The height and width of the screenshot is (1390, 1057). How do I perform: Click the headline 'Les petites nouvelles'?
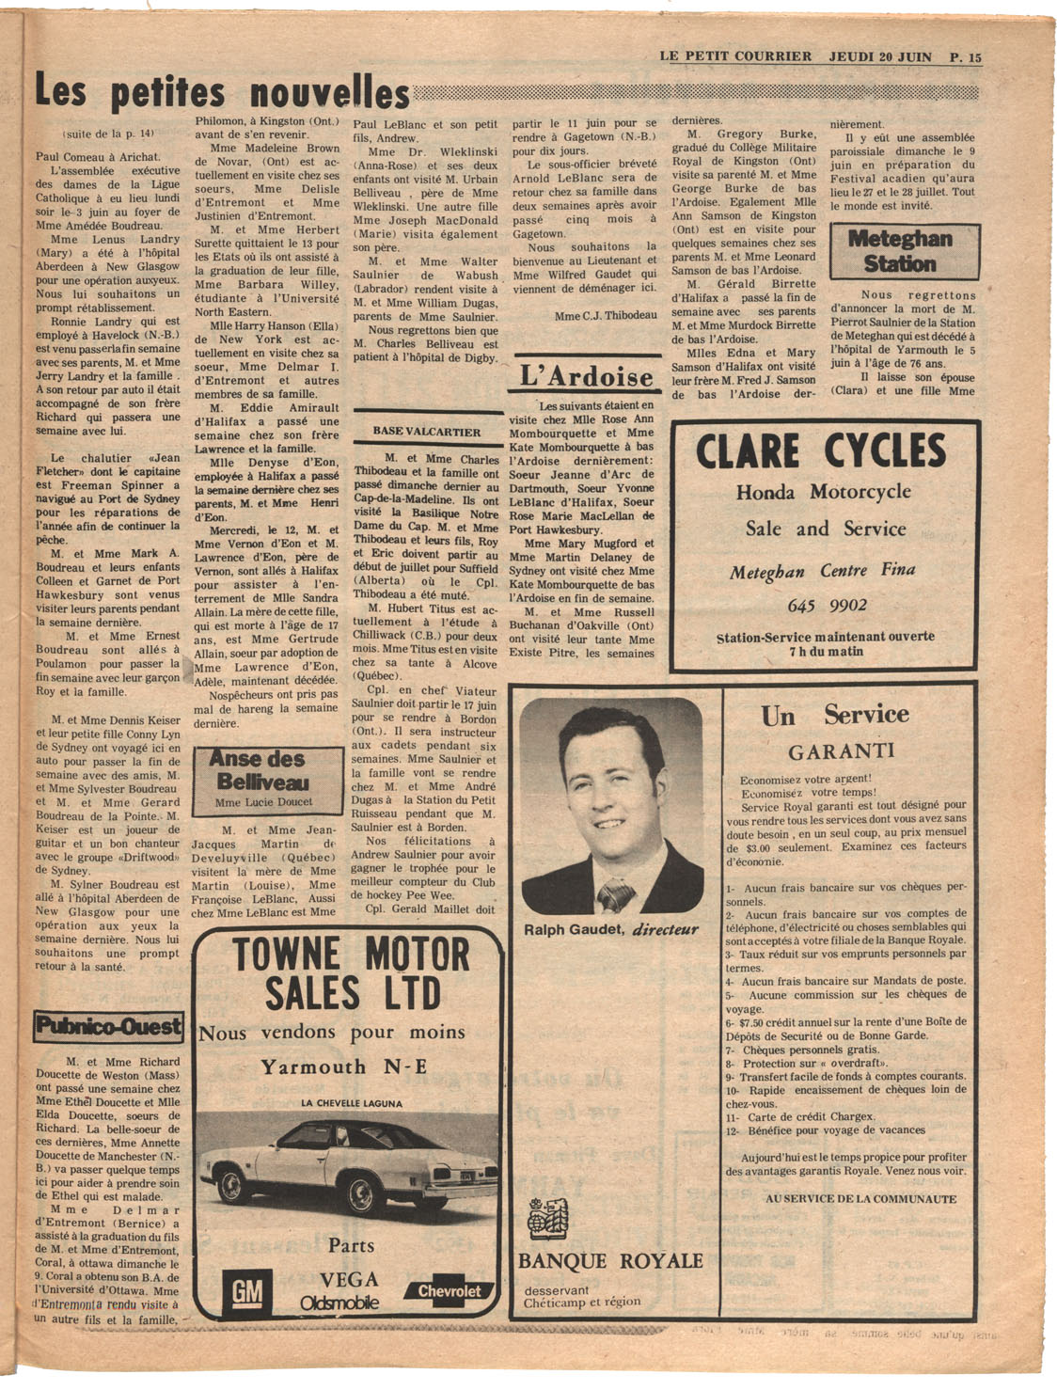tap(222, 94)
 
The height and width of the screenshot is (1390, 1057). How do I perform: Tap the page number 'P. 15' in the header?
tap(965, 57)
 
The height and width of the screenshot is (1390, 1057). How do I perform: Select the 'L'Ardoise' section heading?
tap(587, 377)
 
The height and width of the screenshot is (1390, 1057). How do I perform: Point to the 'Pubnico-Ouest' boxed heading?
tap(109, 1026)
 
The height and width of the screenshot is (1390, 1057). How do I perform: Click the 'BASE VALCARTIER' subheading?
tap(426, 432)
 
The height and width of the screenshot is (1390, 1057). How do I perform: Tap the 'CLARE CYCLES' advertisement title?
tap(821, 452)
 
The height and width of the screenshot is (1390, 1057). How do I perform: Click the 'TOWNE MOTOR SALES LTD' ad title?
tap(350, 974)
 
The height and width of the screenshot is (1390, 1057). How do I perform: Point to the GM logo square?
tap(247, 1291)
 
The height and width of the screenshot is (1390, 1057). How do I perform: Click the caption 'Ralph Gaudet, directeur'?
tap(610, 930)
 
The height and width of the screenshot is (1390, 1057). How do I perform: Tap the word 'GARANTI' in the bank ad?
tap(841, 751)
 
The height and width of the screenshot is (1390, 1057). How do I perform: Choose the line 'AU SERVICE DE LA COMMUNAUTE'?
tap(860, 1199)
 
